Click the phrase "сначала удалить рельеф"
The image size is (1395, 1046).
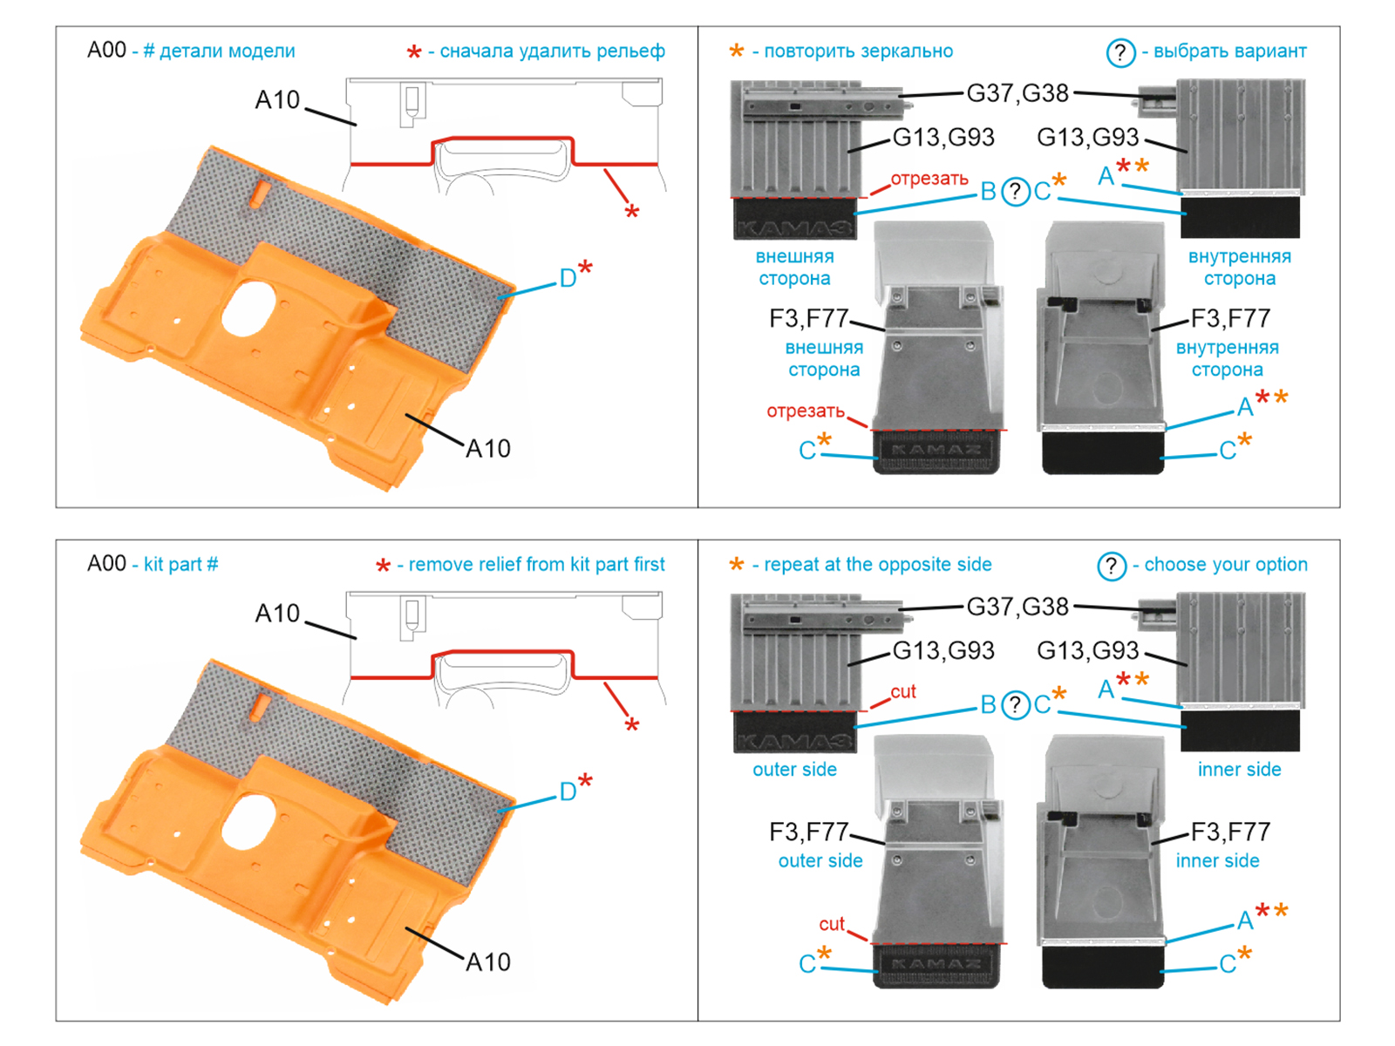[x=552, y=51]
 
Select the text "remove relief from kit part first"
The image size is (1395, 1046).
[x=536, y=565]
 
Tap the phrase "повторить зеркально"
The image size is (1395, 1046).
[x=858, y=51]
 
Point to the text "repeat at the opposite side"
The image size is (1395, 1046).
[x=877, y=565]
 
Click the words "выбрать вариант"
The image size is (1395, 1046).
[x=1229, y=51]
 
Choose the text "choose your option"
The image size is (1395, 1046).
[x=1225, y=565]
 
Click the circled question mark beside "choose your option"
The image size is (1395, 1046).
[x=1112, y=567]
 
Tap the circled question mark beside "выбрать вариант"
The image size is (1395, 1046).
[x=1120, y=53]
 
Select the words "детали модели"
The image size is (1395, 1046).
[x=227, y=51]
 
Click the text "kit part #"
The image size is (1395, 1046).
[x=180, y=565]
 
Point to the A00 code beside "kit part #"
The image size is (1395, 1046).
[x=106, y=564]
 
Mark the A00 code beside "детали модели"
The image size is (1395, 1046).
[x=106, y=51]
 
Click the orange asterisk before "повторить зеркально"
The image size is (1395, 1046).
[x=737, y=52]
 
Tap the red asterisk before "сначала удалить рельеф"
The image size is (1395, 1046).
[x=414, y=54]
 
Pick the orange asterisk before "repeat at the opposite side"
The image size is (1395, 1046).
[x=737, y=566]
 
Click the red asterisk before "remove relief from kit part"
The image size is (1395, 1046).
[x=383, y=567]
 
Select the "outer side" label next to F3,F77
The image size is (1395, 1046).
[x=820, y=861]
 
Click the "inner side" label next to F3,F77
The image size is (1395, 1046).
[x=1217, y=861]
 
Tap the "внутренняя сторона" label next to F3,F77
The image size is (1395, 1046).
[x=1227, y=358]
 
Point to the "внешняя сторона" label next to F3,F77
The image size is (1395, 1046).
[x=824, y=358]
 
